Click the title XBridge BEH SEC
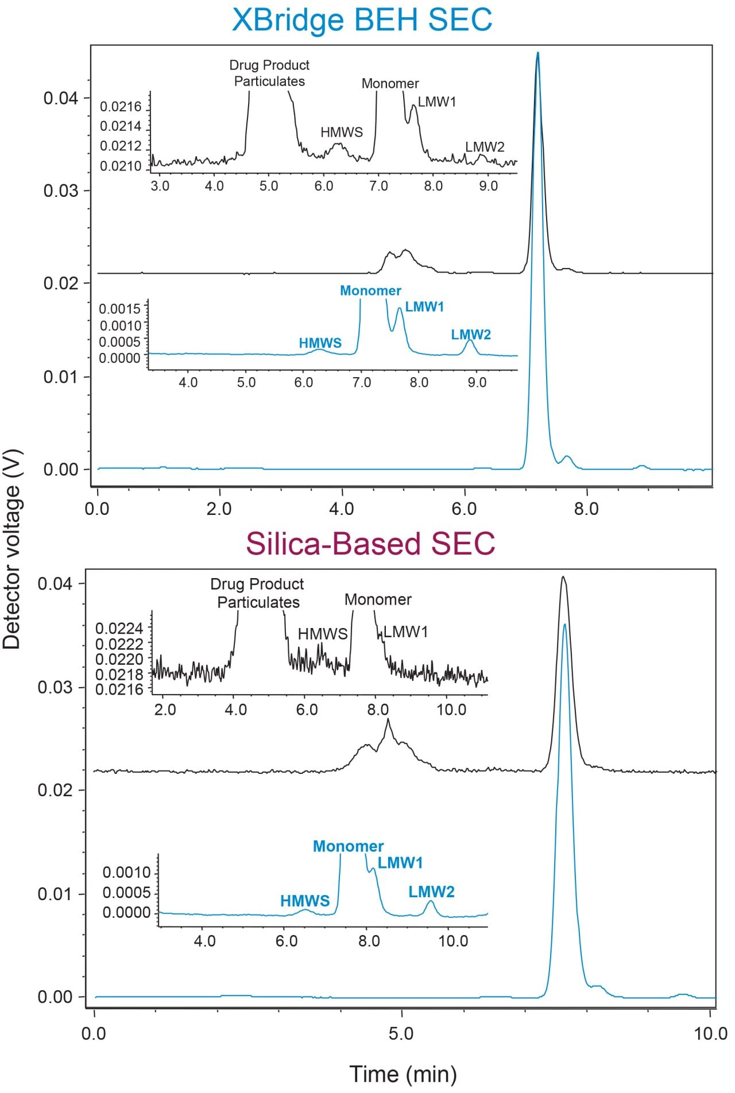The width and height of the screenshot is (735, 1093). (x=362, y=20)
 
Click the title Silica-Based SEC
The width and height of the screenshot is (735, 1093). (x=370, y=543)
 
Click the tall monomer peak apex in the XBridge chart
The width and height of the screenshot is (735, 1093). (x=537, y=53)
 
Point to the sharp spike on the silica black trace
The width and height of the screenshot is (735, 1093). (x=388, y=720)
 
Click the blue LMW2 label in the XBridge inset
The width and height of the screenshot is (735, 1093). (x=471, y=335)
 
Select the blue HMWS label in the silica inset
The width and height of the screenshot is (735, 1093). (x=305, y=901)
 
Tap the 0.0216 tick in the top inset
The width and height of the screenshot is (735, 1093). (x=120, y=107)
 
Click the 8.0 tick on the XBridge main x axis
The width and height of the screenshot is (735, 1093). (x=586, y=509)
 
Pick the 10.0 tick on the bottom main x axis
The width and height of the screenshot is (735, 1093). (x=710, y=1034)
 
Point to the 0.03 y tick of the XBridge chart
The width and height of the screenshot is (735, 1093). (x=60, y=191)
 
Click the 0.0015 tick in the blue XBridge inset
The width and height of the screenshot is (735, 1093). (x=119, y=309)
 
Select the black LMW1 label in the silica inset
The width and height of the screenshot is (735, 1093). (x=406, y=632)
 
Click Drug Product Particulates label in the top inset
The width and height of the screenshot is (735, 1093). (x=269, y=73)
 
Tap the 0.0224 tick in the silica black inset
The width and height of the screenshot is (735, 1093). (x=119, y=628)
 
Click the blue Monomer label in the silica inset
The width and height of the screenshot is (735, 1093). (x=348, y=846)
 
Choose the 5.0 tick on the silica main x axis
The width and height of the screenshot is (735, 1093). (x=401, y=1034)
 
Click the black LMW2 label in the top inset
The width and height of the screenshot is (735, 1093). (x=485, y=147)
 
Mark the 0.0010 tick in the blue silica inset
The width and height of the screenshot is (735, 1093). (x=126, y=873)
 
